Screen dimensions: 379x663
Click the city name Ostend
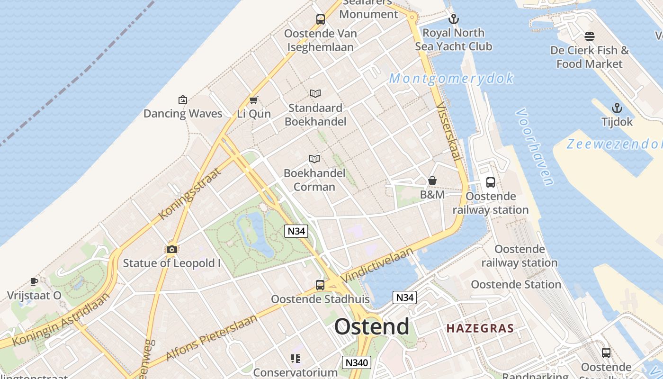372,327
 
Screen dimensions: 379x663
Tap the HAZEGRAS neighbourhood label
480,328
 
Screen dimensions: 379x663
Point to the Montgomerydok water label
451,78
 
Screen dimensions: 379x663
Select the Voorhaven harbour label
535,147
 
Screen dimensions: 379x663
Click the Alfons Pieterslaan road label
212,337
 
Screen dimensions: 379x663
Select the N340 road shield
356,362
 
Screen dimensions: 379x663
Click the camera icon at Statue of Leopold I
172,249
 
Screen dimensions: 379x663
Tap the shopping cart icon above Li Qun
254,100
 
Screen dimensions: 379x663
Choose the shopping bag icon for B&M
432,180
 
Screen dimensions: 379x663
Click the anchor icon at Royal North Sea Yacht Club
454,19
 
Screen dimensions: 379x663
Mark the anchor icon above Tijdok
617,108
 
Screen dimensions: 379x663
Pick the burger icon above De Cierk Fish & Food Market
590,36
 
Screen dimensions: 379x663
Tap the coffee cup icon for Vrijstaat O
34,281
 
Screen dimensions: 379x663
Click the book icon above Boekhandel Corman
314,159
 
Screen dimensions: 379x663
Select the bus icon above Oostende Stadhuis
320,285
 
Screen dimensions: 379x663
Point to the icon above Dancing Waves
183,99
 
